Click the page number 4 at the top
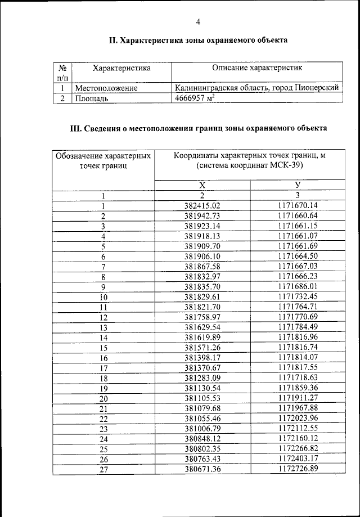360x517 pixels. coord(197,22)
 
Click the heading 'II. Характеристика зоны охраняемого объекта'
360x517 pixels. coord(198,41)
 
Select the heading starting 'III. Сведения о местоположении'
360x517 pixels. coord(197,128)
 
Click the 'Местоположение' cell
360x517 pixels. coord(106,88)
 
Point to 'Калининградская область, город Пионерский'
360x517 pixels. coord(256,88)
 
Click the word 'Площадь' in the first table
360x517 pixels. coord(91,98)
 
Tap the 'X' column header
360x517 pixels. coord(202,186)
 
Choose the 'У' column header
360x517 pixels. coord(297,186)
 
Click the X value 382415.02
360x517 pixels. coord(202,206)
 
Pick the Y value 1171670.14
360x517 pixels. coord(298,206)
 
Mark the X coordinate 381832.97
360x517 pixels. coord(202,276)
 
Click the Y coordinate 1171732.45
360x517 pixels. coord(298,296)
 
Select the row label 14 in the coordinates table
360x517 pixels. coord(103,338)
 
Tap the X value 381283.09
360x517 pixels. coord(202,378)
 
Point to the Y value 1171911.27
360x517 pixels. coord(298,398)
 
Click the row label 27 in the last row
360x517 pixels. coord(103,469)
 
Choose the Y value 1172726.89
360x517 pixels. coord(298,469)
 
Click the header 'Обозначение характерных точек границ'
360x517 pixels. coord(103,160)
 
